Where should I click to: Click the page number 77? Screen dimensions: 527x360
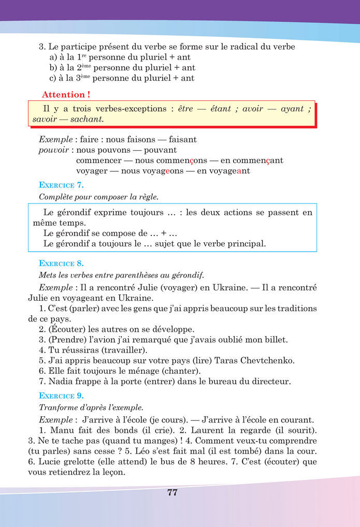point(172,492)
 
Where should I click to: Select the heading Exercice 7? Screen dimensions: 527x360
point(61,185)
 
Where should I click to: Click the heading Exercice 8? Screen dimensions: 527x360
point(61,263)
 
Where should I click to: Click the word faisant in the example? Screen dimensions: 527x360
point(182,140)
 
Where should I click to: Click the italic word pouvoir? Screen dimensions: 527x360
point(54,150)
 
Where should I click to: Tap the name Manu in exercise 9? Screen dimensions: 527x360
point(61,430)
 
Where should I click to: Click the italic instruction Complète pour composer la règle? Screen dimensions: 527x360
point(98,197)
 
